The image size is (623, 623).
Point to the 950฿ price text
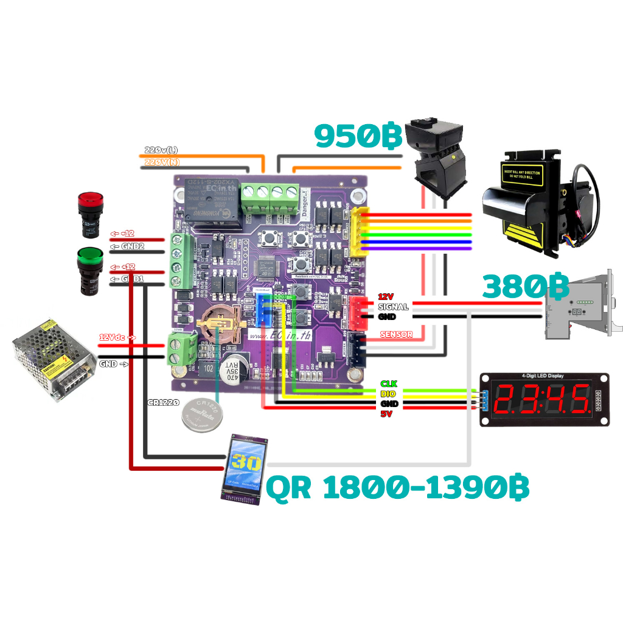point(358,136)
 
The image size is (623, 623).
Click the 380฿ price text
point(526,287)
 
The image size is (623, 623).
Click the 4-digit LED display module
point(545,399)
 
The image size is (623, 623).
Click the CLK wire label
point(388,383)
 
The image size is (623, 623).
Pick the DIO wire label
point(388,394)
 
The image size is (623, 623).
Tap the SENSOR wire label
point(396,334)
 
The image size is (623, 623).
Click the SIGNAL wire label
point(393,307)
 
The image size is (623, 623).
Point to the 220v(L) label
point(161,150)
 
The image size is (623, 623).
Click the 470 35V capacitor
point(232,368)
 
